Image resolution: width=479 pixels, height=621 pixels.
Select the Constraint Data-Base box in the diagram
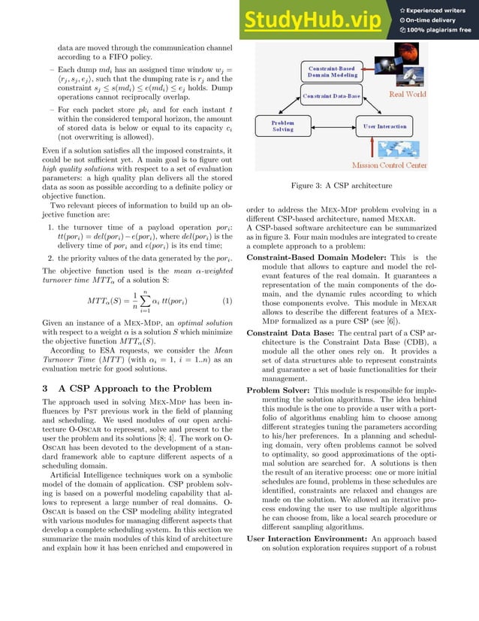[330, 96]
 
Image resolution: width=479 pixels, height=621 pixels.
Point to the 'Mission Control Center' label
[389, 165]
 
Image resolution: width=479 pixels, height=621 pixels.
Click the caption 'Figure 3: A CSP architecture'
[337, 185]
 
